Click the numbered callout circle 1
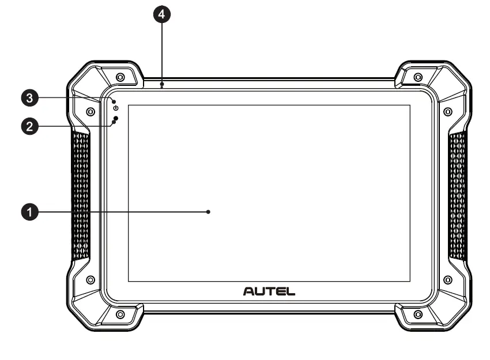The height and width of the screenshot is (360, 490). (x=29, y=212)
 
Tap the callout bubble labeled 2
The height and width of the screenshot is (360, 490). (x=29, y=127)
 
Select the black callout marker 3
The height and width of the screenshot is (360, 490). (x=29, y=98)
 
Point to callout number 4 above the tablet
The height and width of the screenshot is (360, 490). (x=162, y=14)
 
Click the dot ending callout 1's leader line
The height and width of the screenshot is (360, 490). (x=209, y=212)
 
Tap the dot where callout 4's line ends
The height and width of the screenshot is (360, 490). (x=162, y=84)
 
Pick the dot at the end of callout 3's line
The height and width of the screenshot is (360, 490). (x=114, y=102)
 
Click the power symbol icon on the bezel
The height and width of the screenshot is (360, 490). (x=116, y=108)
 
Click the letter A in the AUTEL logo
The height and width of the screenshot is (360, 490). (x=249, y=291)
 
